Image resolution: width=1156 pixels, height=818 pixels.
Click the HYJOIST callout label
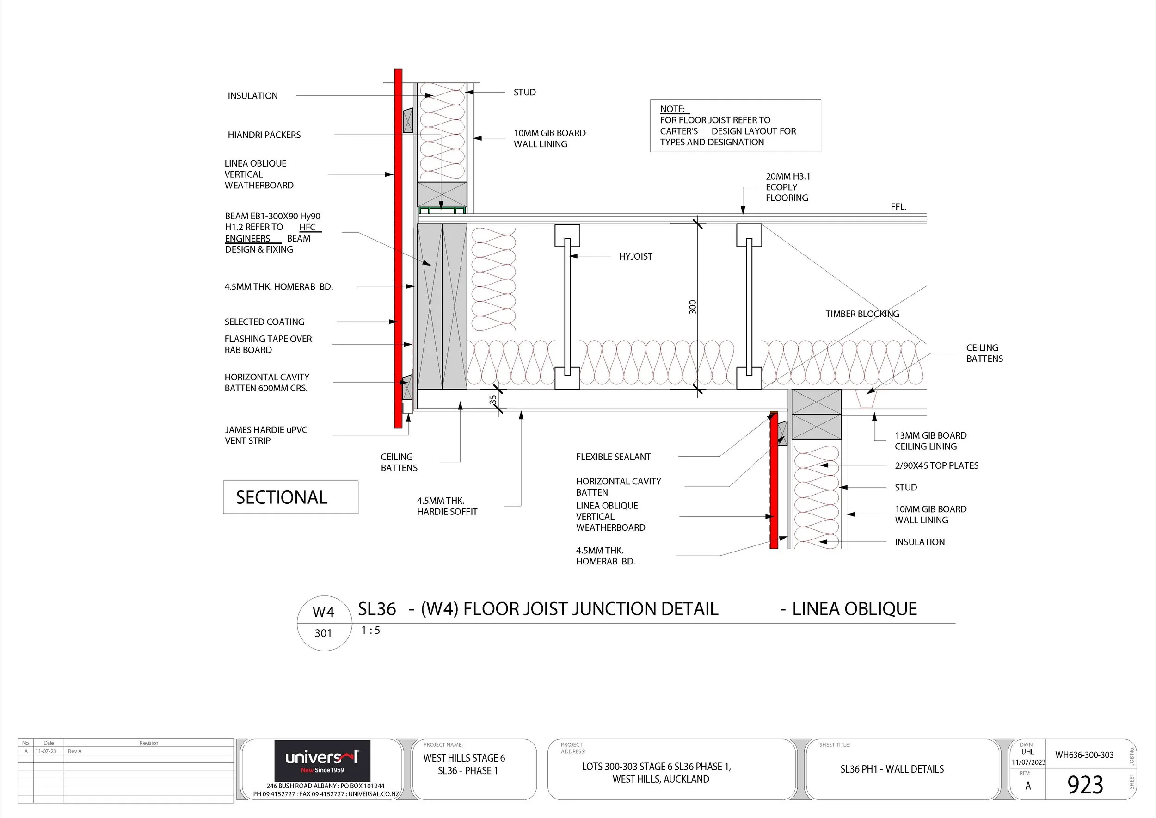(635, 256)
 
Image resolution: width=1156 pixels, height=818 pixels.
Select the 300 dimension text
(693, 307)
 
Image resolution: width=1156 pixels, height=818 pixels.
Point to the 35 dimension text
(493, 399)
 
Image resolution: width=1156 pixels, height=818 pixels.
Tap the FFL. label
(898, 207)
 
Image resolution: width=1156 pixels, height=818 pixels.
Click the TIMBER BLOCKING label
(862, 314)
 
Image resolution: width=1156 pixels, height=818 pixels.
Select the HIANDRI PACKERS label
(264, 135)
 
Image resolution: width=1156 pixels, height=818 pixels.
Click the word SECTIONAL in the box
(282, 498)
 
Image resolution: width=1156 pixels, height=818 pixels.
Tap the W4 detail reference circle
(324, 624)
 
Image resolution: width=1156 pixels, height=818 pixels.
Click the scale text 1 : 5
(370, 631)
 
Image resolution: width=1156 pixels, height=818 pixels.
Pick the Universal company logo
(322, 761)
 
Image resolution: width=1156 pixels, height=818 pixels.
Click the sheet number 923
(1085, 785)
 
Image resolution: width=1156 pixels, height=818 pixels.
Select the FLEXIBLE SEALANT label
(613, 457)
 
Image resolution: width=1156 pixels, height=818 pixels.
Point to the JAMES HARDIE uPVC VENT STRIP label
(266, 435)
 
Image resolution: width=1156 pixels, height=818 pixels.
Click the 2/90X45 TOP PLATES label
(936, 465)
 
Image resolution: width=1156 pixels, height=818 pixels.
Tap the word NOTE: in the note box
(672, 109)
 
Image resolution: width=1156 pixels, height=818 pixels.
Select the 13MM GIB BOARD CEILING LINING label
(930, 441)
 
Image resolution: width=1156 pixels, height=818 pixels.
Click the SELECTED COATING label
(264, 322)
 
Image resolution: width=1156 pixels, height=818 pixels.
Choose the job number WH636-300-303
(1084, 755)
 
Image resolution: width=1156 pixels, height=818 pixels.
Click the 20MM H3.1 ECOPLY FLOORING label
(788, 187)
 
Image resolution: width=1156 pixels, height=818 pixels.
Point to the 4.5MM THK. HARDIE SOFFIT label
(447, 506)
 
